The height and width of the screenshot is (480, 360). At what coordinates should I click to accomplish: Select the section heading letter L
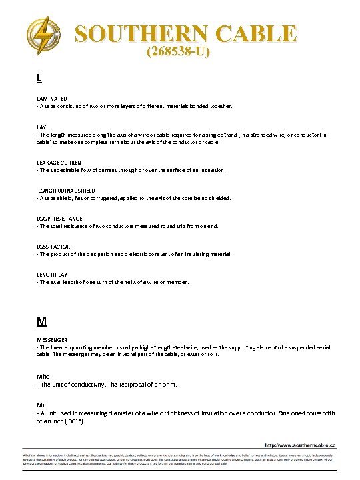point(39,78)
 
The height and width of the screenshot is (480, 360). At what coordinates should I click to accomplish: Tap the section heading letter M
point(41,321)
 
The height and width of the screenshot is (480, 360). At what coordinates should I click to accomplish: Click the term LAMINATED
point(52,98)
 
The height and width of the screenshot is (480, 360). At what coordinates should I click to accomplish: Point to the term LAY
point(41,126)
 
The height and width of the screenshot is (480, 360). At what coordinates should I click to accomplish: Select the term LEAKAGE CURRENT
point(61,162)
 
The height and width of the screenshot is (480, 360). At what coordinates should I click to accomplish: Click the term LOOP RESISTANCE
point(59,218)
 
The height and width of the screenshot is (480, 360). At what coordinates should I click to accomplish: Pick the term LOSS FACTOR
point(53,246)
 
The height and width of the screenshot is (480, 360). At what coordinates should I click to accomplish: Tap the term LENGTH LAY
point(52,274)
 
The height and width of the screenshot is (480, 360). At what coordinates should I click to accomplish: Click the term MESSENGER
point(52,339)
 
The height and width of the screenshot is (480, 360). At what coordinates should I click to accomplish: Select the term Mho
point(43,376)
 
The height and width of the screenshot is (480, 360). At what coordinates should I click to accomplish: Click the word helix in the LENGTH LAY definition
point(129,282)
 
